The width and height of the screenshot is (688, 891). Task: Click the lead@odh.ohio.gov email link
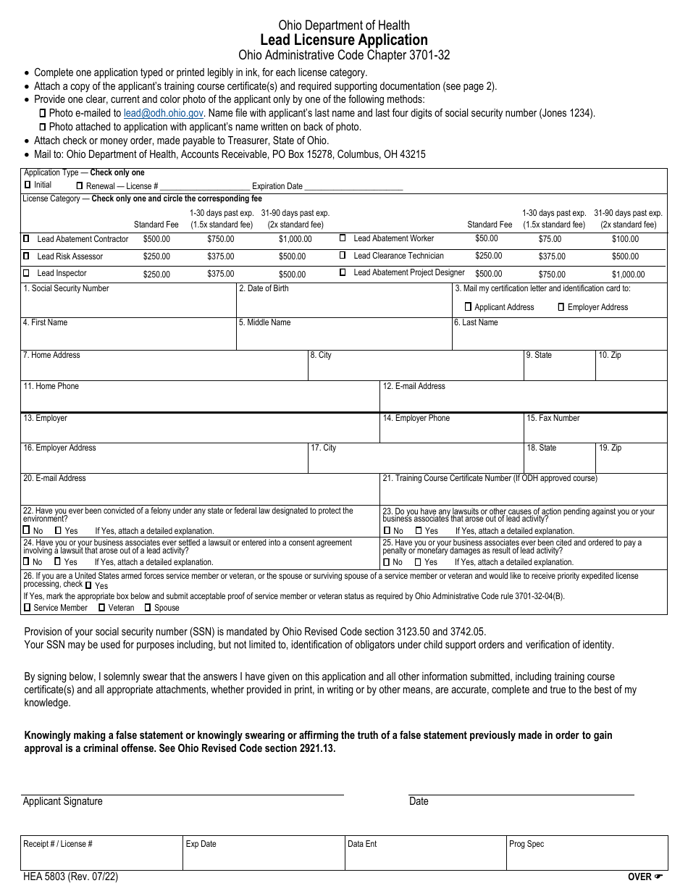click(163, 113)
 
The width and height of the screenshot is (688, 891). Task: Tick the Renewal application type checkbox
click(79, 186)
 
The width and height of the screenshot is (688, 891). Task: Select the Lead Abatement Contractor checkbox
click(27, 238)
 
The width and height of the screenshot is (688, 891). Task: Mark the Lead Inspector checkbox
click(27, 273)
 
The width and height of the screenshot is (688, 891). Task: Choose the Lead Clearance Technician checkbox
click(343, 256)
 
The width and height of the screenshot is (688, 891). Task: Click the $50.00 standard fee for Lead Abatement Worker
click(486, 238)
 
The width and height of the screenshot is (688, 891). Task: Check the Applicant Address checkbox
click(468, 307)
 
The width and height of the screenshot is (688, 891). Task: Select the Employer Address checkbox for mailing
click(561, 307)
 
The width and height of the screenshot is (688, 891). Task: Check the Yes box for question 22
click(59, 531)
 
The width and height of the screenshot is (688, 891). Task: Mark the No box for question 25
click(387, 562)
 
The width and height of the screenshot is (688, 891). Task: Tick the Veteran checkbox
click(102, 608)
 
